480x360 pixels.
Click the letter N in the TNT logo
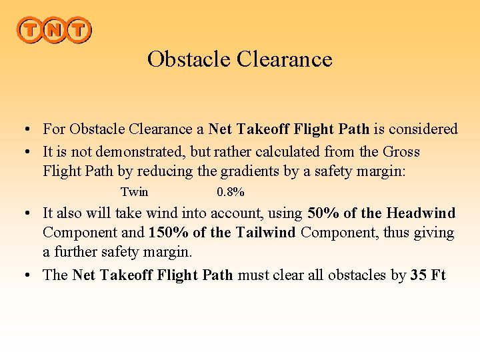tap(54, 30)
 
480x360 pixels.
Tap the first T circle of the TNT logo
tap(30, 30)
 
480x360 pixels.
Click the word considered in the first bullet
tap(425, 129)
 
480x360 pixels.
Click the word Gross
tap(401, 151)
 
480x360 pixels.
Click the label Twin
tap(134, 192)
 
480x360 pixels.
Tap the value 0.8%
tap(231, 192)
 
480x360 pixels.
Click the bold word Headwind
tap(421, 213)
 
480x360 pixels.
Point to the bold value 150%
tap(169, 233)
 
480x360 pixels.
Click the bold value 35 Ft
tap(428, 275)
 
